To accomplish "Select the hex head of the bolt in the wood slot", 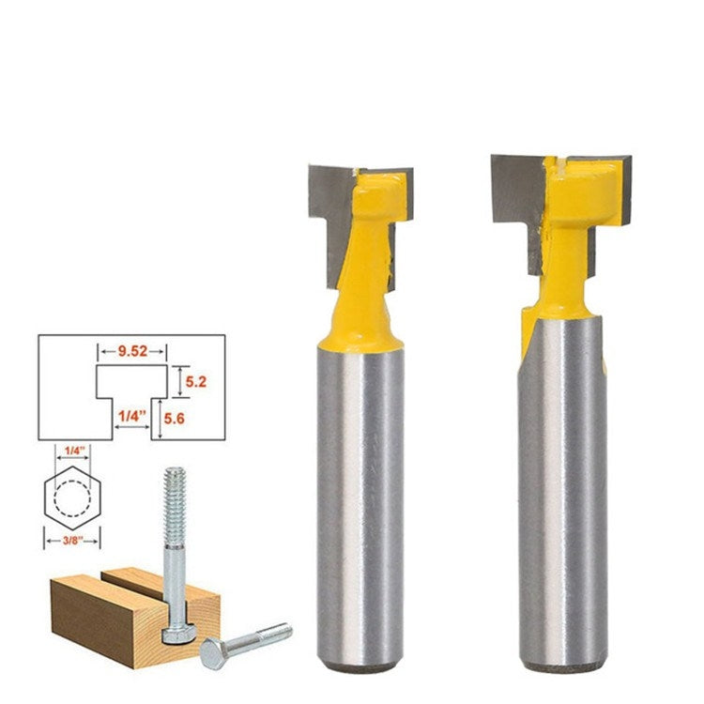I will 174,635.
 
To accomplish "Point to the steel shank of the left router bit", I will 360,488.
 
